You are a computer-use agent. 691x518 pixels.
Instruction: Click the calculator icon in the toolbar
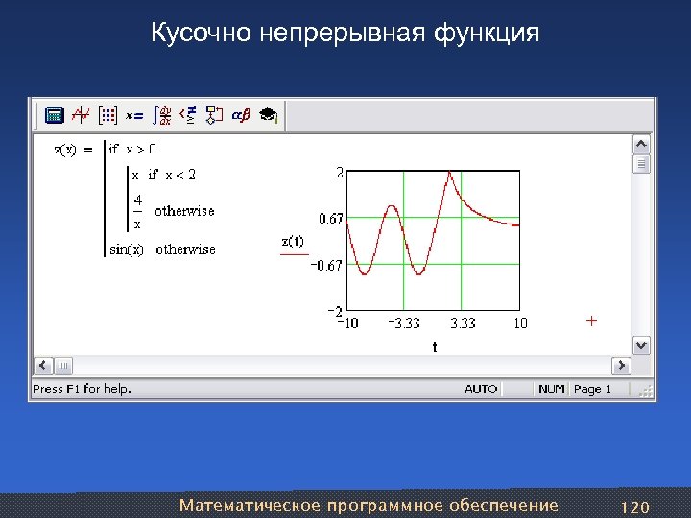click(55, 115)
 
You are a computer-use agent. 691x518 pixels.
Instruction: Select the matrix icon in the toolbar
click(108, 115)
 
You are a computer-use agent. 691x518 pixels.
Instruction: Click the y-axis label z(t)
click(293, 241)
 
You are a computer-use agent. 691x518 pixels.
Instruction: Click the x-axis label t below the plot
click(434, 347)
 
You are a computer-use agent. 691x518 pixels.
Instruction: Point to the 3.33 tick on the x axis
click(463, 323)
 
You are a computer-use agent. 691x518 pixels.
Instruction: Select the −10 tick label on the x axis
click(346, 323)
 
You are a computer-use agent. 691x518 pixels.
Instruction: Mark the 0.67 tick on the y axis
click(331, 220)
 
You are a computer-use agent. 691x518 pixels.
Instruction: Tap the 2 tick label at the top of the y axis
click(339, 174)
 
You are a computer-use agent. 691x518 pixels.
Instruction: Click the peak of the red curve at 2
click(442, 175)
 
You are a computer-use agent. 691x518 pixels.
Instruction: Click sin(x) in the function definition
click(128, 249)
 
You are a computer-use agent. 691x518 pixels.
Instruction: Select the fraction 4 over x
click(138, 211)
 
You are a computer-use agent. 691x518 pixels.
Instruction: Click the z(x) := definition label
click(73, 149)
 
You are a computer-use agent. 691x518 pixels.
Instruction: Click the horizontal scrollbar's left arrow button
click(42, 365)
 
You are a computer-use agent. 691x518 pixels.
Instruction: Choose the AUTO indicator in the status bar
click(481, 388)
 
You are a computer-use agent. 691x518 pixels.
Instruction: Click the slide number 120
click(636, 506)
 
